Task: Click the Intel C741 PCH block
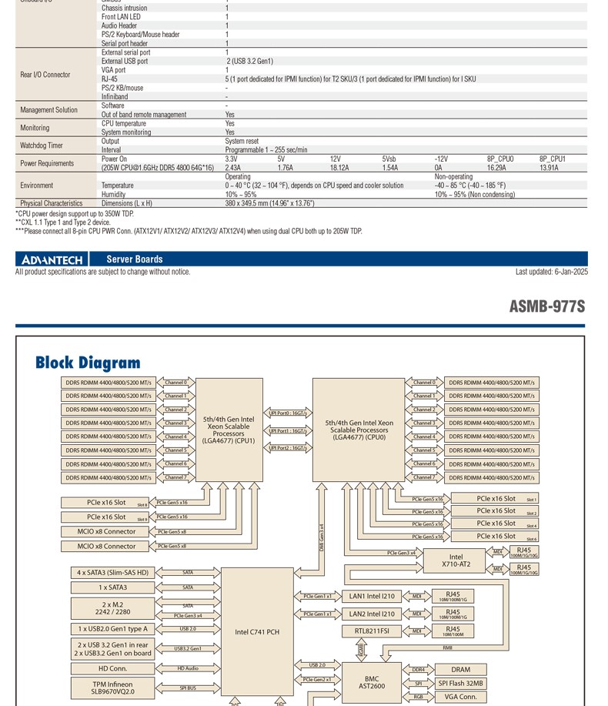(257, 632)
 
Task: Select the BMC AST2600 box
(372, 683)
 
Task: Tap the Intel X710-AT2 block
(456, 560)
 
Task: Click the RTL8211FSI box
(372, 631)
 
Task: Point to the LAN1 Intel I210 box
(372, 596)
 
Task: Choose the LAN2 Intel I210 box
(372, 614)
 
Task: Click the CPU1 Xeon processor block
(229, 430)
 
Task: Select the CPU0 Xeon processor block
(359, 430)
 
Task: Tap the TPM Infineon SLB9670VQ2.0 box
(113, 688)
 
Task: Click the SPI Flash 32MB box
(460, 683)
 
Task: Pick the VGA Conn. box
(460, 697)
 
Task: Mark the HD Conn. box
(113, 668)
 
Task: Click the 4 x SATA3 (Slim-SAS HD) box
(113, 573)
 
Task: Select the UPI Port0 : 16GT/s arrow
(288, 413)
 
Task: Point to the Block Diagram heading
(88, 363)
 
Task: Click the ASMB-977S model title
(546, 306)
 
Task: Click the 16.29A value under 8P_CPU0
(496, 167)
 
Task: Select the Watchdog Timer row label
(42, 146)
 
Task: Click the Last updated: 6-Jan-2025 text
(551, 272)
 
